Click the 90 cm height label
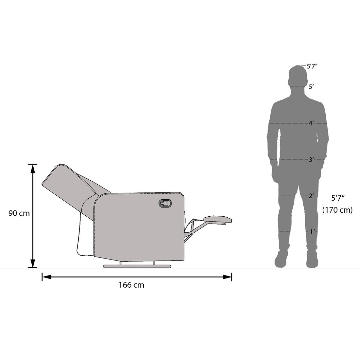pyautogui.click(x=19, y=213)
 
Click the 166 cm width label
pyautogui.click(x=131, y=285)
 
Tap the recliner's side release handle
pyautogui.click(x=165, y=203)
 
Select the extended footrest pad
pyautogui.click(x=218, y=219)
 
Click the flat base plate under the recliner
pyautogui.click(x=137, y=266)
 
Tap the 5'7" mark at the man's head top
pyautogui.click(x=312, y=66)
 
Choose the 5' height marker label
pyautogui.click(x=311, y=87)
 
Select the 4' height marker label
pyautogui.click(x=311, y=123)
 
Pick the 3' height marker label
pyautogui.click(x=311, y=160)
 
